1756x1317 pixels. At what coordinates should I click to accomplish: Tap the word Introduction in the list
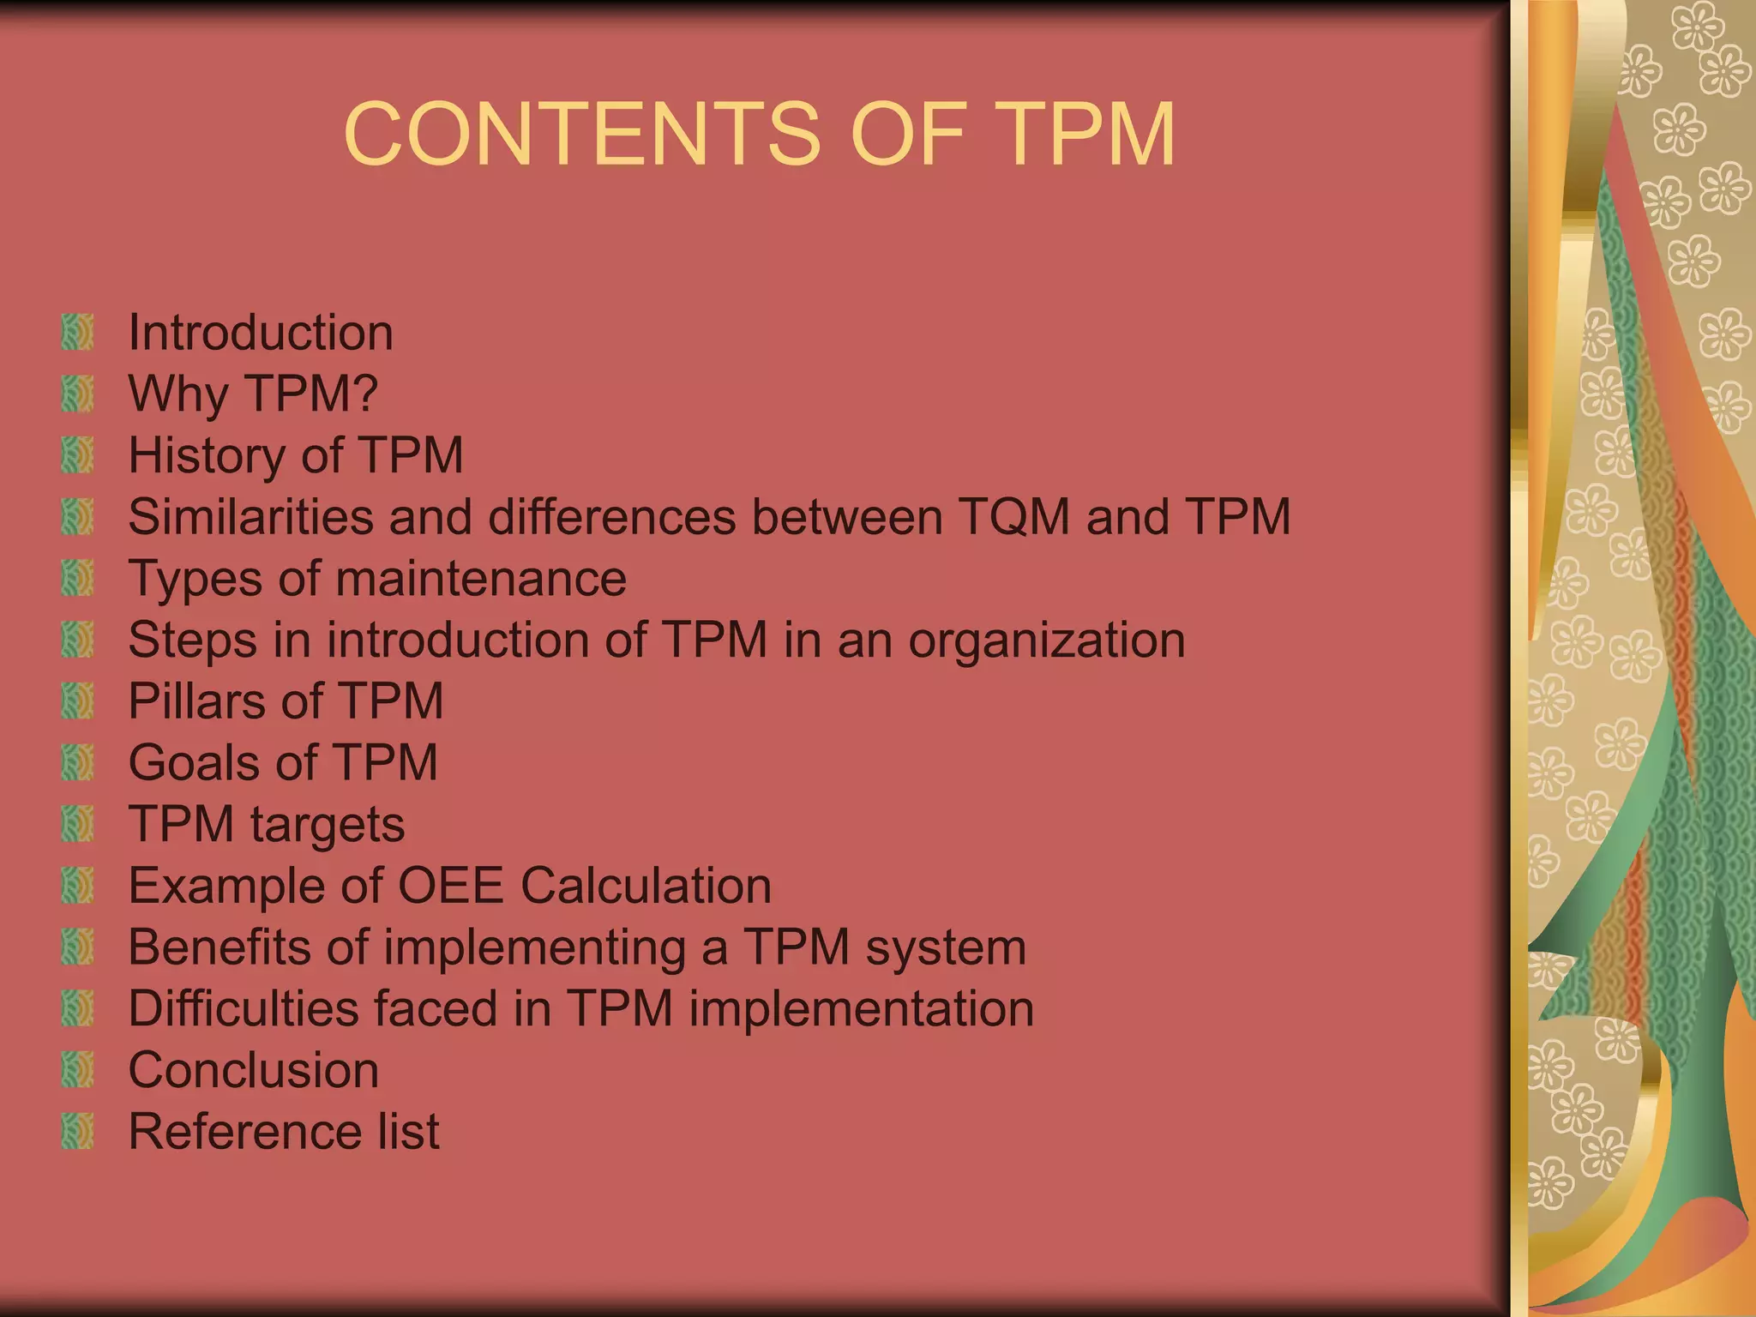(x=261, y=333)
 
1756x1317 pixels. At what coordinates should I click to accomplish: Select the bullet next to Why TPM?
(x=77, y=394)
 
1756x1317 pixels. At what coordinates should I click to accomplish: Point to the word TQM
(x=1014, y=517)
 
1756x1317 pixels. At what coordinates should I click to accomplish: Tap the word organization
(x=1046, y=640)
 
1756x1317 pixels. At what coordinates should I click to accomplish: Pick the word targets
(x=328, y=825)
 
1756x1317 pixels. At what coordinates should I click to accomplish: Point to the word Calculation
(x=646, y=886)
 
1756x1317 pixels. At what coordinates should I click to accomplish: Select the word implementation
(x=862, y=1008)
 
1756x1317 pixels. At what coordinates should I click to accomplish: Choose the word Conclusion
(x=254, y=1070)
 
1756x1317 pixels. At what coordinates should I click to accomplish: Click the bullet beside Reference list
(x=77, y=1132)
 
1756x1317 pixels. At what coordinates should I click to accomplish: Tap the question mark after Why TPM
(x=364, y=394)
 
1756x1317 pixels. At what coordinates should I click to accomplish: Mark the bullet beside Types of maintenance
(x=77, y=579)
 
